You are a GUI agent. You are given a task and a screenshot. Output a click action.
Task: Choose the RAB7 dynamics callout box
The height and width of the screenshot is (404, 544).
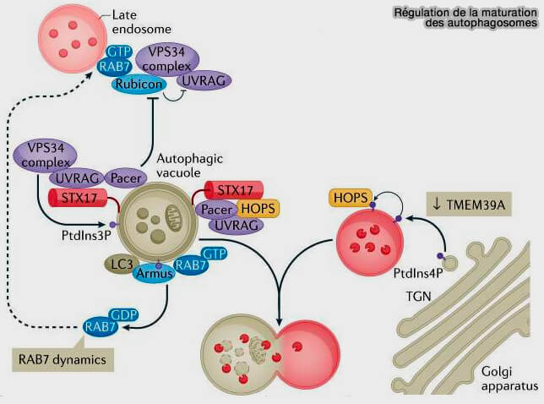(x=63, y=359)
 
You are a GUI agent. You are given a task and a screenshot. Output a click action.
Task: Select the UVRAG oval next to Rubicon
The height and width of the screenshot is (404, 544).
(x=202, y=79)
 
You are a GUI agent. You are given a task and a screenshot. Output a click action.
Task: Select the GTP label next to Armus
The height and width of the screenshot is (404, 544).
(x=215, y=254)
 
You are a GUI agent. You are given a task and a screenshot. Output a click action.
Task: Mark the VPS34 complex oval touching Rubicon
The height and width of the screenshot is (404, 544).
(x=166, y=57)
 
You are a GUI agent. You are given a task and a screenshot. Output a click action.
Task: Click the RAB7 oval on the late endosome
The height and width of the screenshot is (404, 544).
(x=112, y=66)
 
